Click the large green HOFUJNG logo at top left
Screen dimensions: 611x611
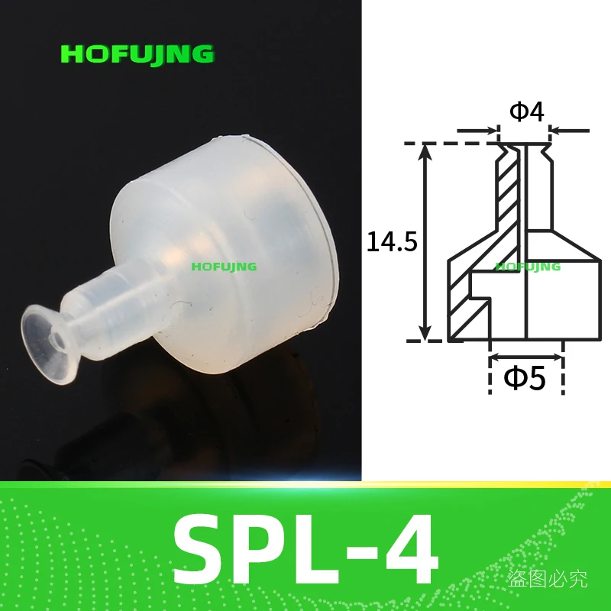pos(137,54)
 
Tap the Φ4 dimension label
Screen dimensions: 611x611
pos(526,112)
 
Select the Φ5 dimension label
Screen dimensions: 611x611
pos(526,378)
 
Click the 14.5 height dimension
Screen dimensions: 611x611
pos(391,242)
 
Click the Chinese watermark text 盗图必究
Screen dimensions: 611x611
pos(548,580)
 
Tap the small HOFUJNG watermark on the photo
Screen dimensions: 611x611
pos(224,267)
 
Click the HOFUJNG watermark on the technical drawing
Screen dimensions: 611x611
pos(528,267)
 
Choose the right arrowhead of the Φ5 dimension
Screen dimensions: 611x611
pos(557,357)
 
